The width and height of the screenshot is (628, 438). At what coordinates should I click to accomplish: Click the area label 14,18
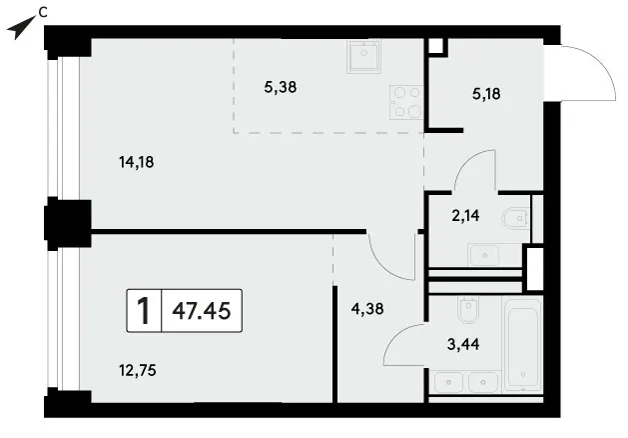coord(137,162)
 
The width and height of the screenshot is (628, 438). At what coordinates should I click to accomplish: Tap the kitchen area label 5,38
coord(281,87)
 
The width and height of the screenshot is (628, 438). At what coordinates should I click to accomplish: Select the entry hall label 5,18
coord(486,94)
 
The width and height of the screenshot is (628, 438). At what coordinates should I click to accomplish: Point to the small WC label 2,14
coord(465,216)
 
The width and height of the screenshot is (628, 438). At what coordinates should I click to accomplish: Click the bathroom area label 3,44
coord(463,344)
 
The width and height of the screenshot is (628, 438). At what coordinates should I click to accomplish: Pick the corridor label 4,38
coord(367,309)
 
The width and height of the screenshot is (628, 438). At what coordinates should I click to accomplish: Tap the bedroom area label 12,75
coord(138,370)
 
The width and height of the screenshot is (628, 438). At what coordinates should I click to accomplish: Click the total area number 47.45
coord(202,310)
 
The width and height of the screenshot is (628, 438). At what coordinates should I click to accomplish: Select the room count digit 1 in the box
coord(144,311)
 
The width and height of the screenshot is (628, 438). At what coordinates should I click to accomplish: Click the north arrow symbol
coord(20,28)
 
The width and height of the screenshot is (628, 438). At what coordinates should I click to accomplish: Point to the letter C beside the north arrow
coord(43,13)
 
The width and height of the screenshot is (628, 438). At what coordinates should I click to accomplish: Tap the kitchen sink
coord(363,56)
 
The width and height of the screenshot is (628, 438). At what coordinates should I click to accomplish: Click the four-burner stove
coord(406,102)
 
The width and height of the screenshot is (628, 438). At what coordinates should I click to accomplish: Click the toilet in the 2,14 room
coord(515,218)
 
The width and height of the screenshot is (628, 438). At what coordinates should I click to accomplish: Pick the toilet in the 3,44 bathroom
coord(468,310)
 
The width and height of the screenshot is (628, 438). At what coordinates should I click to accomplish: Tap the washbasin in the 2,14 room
coord(484,255)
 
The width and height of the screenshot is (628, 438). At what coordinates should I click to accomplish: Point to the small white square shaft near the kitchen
coord(436,46)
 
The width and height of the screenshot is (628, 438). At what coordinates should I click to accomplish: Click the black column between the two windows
coord(68,223)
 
